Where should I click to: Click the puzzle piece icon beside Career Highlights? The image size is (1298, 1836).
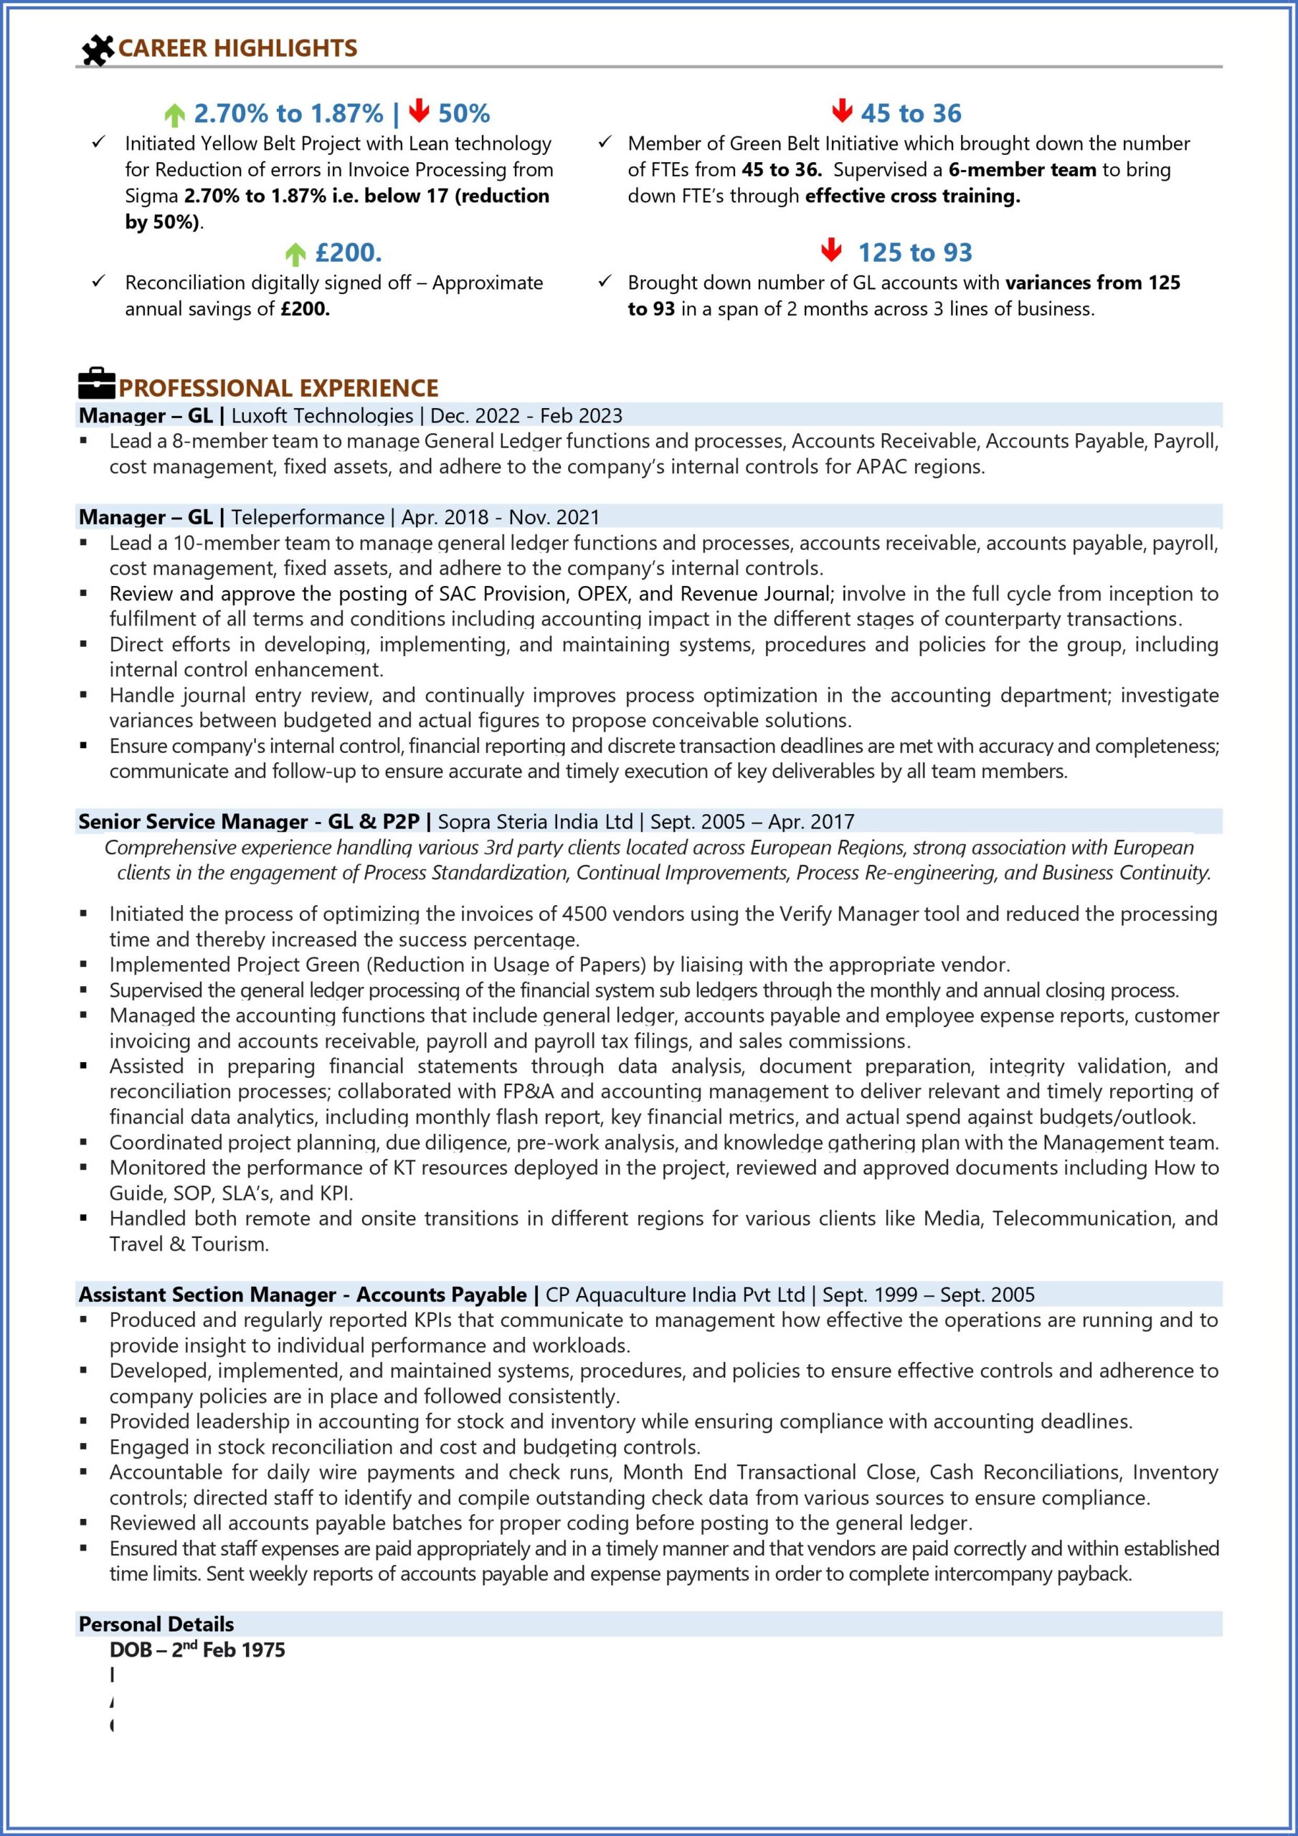(98, 49)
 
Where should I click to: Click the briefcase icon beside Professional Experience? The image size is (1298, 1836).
(97, 384)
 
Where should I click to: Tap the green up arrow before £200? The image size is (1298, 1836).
(295, 255)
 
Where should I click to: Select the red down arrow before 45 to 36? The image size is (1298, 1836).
(841, 111)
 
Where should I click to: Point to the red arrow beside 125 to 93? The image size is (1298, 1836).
(831, 250)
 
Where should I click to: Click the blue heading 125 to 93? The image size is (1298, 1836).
(915, 252)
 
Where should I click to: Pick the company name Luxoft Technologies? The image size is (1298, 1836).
(322, 416)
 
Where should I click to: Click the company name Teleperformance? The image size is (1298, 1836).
(308, 517)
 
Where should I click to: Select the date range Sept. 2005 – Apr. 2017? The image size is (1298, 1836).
(752, 822)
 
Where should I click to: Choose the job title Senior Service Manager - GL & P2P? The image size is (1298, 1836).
(249, 822)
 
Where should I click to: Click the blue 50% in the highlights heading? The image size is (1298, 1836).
(464, 113)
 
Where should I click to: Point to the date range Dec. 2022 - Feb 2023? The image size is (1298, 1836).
(526, 416)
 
